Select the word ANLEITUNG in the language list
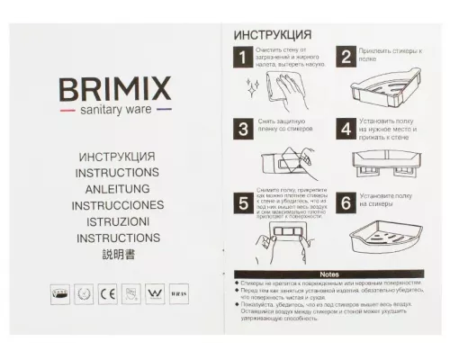[x=117, y=188]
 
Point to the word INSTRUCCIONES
[x=117, y=204]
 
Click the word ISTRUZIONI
[x=117, y=221]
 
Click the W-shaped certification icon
[x=152, y=292]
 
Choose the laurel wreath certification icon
[x=84, y=292]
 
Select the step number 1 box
[x=241, y=59]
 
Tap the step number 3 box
[x=241, y=128]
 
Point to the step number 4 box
[x=346, y=128]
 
